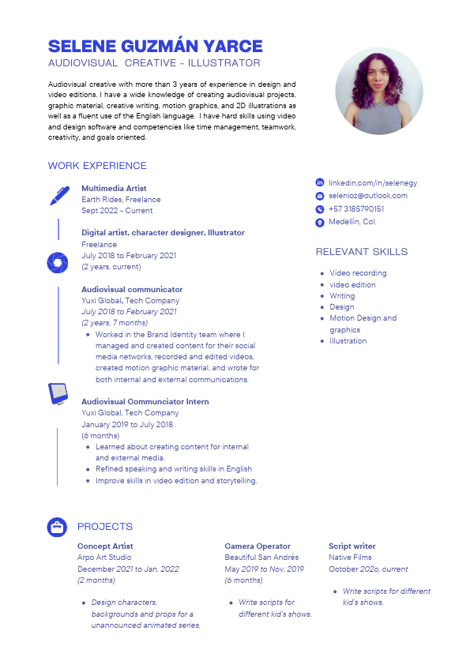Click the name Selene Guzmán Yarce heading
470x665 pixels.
[x=155, y=46]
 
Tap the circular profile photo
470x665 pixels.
[x=379, y=91]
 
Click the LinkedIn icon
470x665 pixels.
[x=320, y=182]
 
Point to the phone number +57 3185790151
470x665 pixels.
[x=356, y=209]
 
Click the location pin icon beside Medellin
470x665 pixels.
[x=320, y=223]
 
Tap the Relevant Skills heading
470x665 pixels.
[x=362, y=252]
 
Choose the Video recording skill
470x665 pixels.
[x=358, y=273]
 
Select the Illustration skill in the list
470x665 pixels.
[x=348, y=341]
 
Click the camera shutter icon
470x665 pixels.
[x=57, y=261]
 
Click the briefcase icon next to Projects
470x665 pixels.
[x=57, y=526]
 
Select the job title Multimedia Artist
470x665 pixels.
[x=114, y=189]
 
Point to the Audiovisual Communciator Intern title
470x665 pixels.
[x=145, y=402]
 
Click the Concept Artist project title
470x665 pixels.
[x=105, y=547]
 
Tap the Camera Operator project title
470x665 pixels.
[x=258, y=547]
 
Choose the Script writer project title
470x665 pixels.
[x=352, y=547]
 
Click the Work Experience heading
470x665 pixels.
[x=97, y=166]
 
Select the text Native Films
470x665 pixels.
[x=350, y=558]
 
